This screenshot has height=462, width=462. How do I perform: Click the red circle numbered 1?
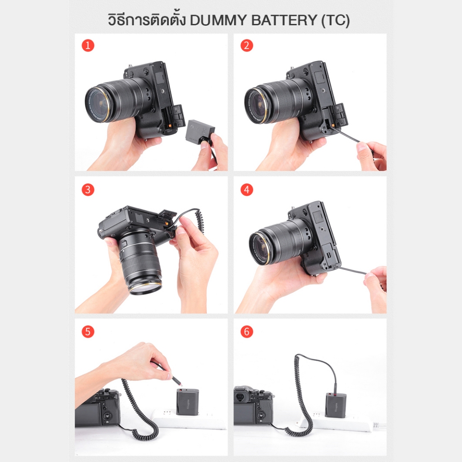click(88, 46)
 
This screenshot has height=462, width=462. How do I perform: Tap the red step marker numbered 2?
click(247, 46)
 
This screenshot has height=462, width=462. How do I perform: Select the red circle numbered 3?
click(88, 189)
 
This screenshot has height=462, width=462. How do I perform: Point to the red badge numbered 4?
click(247, 189)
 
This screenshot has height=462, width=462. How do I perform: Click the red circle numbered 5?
click(88, 332)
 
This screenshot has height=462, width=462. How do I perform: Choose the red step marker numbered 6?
click(247, 332)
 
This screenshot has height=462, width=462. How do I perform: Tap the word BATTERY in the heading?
click(284, 20)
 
